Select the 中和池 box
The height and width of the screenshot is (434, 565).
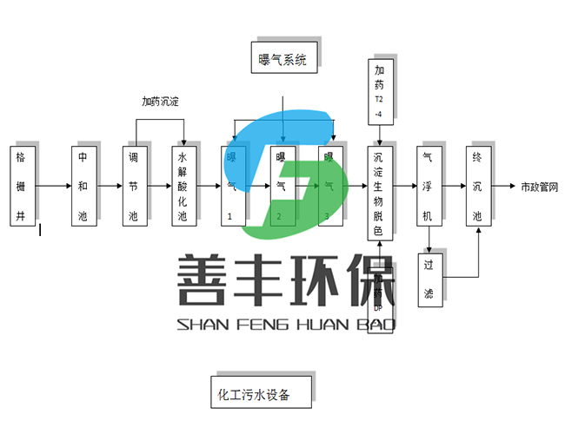83,186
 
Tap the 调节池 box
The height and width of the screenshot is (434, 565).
134,186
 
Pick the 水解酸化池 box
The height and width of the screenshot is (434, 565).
183,186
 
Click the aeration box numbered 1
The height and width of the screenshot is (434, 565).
232,186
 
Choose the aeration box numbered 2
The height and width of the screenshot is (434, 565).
282,186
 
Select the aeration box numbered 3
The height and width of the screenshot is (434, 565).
330,186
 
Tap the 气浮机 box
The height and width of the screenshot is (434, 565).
428,186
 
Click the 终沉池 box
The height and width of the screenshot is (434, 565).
477,186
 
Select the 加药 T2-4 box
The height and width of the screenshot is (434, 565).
380,93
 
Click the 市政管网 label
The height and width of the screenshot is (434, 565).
539,187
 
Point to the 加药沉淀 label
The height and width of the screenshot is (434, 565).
160,102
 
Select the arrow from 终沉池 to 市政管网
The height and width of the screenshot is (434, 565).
503,187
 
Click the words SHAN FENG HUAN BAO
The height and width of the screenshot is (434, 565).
286,325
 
